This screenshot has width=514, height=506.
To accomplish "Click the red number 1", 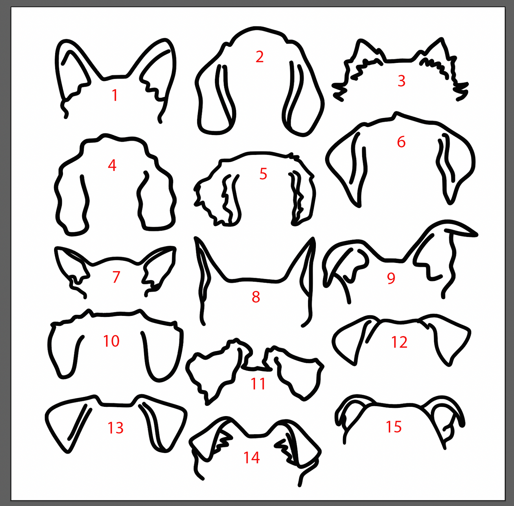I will [115, 95].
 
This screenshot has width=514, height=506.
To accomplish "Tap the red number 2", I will [260, 57].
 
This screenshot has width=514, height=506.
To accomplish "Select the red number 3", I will [401, 81].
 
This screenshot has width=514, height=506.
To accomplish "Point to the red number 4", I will [112, 165].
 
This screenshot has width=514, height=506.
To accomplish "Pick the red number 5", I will [263, 174].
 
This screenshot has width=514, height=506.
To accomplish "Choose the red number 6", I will [401, 142].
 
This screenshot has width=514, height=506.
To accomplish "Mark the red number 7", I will [116, 277].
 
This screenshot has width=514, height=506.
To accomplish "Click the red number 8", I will [256, 297].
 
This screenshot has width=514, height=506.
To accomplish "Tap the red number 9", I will [391, 278].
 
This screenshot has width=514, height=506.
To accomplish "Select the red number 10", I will [111, 341].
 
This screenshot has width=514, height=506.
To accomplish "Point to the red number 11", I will [258, 384].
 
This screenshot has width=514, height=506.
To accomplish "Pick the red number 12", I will [399, 342].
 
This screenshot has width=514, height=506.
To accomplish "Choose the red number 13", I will [116, 428].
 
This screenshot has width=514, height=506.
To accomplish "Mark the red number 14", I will [251, 458].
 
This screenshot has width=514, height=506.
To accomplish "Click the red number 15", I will [394, 427].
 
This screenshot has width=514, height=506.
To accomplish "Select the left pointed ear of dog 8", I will [204, 270].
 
